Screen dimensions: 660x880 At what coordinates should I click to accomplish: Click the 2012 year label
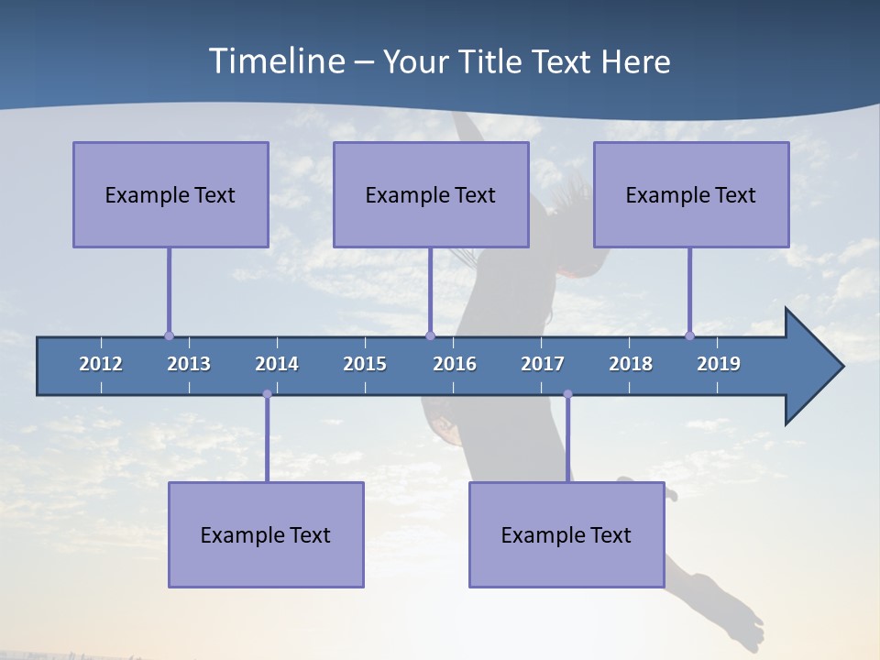101,364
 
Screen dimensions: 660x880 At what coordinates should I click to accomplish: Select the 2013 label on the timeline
189,364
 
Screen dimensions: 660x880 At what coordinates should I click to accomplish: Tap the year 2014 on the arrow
277,364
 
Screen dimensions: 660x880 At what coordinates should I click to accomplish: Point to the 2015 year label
365,364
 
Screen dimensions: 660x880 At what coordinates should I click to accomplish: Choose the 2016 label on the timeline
455,364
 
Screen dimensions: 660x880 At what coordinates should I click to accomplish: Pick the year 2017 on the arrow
543,364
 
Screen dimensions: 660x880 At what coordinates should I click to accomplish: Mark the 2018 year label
631,364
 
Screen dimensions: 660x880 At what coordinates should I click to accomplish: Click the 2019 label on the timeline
719,364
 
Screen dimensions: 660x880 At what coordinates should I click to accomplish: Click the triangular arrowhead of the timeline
811,367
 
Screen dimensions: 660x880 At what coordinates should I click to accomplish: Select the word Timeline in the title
275,61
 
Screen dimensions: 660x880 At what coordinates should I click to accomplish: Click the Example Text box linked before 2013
170,194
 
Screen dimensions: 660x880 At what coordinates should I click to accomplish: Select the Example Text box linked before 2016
431,194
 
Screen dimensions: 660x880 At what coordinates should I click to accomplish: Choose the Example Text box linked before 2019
691,194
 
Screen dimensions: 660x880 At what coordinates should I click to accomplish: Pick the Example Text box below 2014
266,534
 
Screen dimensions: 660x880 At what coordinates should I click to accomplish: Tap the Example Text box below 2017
566,534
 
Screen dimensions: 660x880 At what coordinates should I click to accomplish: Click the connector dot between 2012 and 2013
169,335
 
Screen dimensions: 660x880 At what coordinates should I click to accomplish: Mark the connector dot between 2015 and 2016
431,335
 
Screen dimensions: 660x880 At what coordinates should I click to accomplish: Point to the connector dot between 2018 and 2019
690,335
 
